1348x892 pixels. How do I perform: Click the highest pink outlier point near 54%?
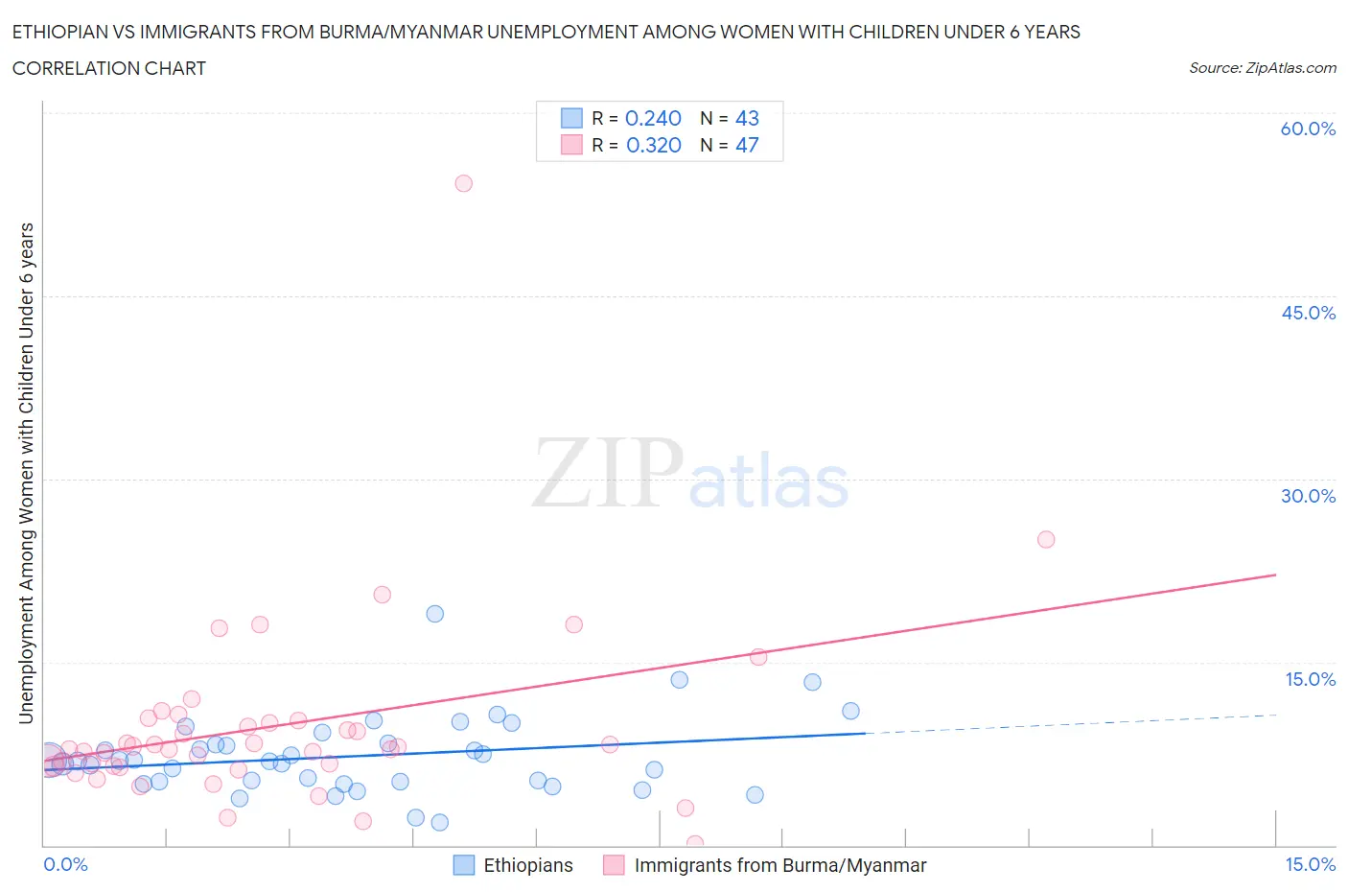(463, 183)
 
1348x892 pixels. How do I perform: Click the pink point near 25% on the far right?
(1046, 539)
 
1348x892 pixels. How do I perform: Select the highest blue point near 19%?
(434, 614)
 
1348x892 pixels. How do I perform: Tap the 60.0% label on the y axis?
(1308, 129)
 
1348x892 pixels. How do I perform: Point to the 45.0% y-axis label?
(1308, 313)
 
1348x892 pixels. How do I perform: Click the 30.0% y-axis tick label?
(1308, 496)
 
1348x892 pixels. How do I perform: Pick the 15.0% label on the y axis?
(1310, 679)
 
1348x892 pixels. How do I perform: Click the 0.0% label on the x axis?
(65, 864)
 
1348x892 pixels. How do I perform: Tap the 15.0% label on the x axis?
(1310, 864)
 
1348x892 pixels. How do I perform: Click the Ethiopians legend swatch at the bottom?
(464, 865)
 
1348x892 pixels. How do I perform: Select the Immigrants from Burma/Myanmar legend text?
(780, 865)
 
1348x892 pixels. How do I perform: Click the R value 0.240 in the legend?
(653, 118)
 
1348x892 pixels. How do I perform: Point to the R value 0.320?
(653, 145)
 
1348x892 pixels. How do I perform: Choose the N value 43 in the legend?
(747, 118)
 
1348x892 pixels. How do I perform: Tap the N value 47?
(747, 145)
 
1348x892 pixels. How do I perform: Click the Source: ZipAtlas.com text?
(1262, 67)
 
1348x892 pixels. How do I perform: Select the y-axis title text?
(26, 473)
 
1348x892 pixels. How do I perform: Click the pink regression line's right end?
(1275, 575)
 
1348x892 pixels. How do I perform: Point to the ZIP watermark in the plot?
(607, 473)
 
